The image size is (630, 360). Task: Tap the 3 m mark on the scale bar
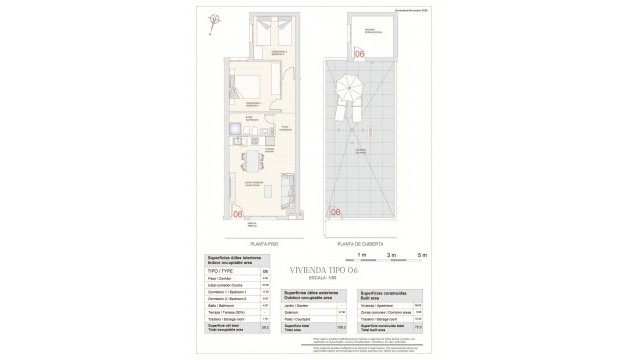coord(393,256)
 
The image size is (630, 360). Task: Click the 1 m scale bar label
coord(362,256)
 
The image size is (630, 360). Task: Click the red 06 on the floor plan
coord(238,212)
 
